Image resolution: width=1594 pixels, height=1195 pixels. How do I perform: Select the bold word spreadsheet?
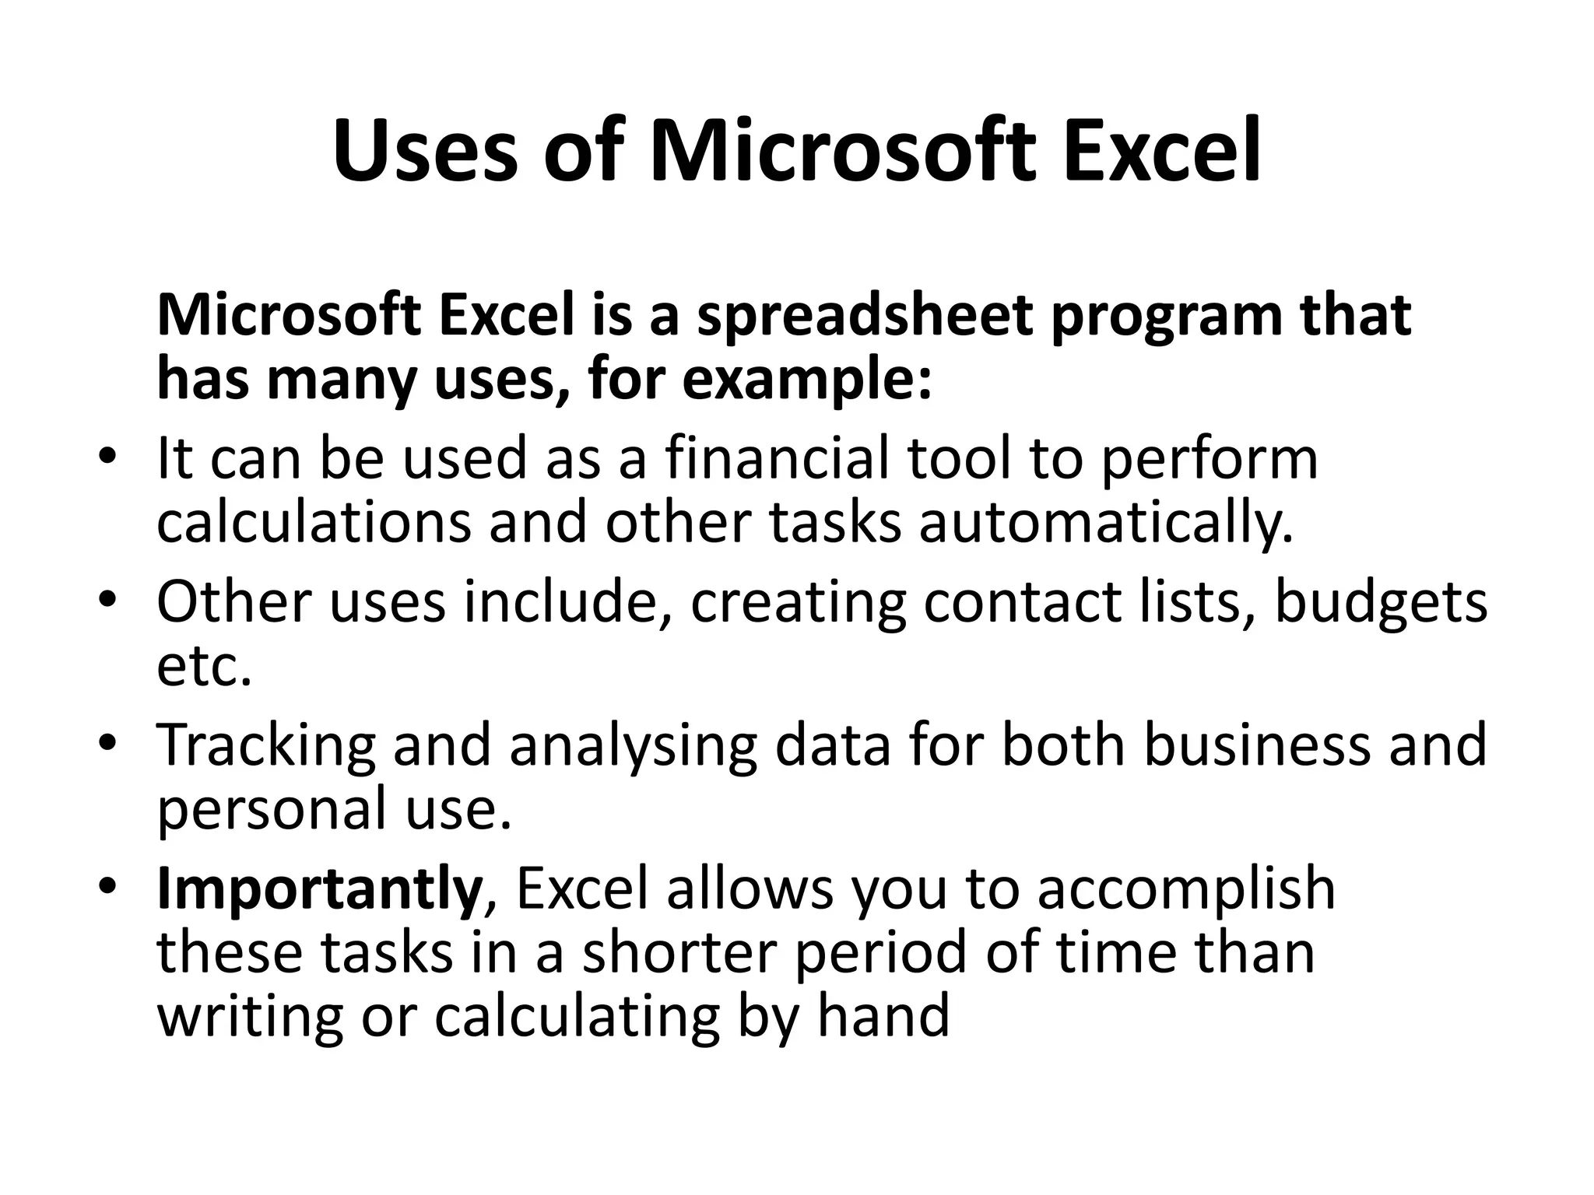[865, 317]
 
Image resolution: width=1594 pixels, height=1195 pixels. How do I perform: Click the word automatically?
[1106, 523]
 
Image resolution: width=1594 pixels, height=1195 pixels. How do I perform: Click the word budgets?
[1381, 603]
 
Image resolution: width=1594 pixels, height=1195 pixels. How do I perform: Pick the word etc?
[204, 668]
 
